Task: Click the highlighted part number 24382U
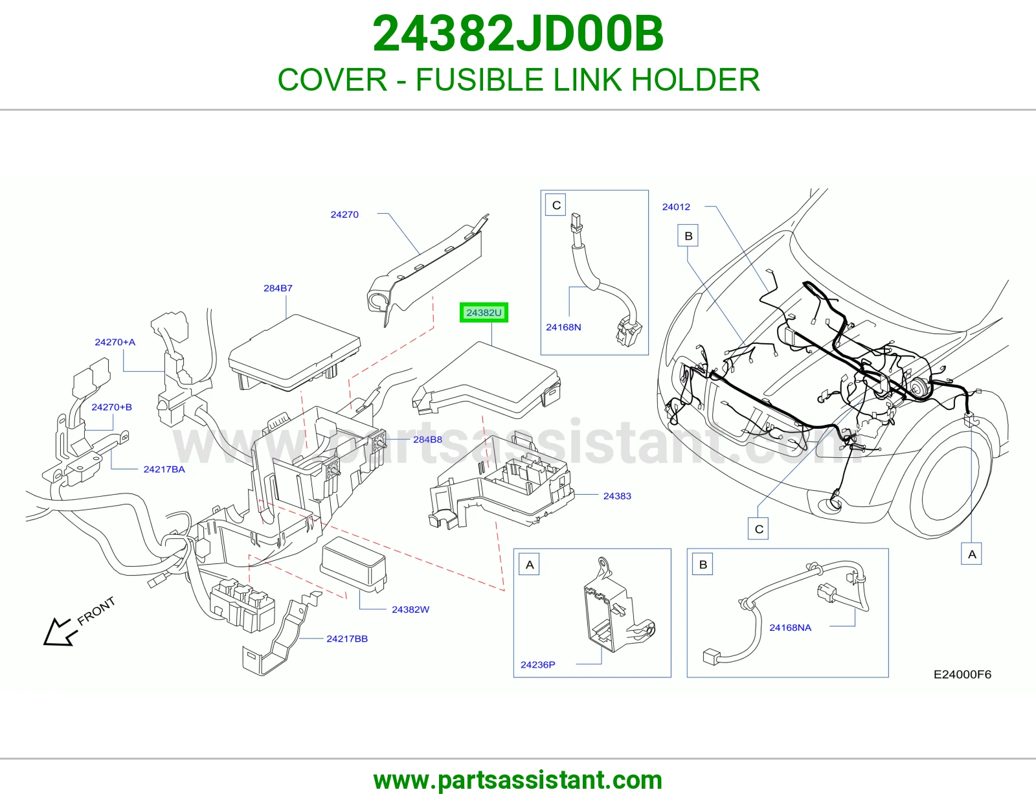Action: [x=484, y=312]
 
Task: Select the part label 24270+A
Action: [x=115, y=342]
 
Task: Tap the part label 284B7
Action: [x=278, y=288]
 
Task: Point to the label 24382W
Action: [x=411, y=609]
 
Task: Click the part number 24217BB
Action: [x=347, y=639]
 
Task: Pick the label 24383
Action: [x=617, y=496]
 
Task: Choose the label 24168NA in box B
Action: [x=790, y=628]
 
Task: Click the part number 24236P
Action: [x=538, y=664]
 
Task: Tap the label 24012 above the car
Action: [x=676, y=207]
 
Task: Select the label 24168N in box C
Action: [x=563, y=327]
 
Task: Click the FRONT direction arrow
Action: [x=61, y=632]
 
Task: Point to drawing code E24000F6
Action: [x=962, y=674]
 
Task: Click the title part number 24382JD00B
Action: [x=518, y=34]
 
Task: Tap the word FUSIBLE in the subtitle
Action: [x=479, y=80]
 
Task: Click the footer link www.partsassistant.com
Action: [x=518, y=780]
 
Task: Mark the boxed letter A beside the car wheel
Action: [x=972, y=554]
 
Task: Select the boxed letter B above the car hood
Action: [x=688, y=236]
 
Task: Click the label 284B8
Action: [x=427, y=439]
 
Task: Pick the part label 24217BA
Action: [x=164, y=469]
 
